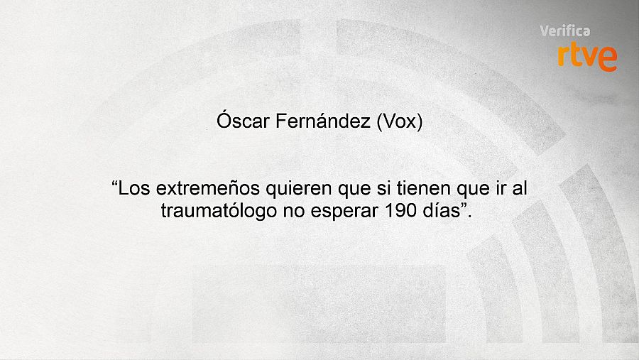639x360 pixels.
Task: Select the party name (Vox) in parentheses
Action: (x=399, y=121)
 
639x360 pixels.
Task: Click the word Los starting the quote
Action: (x=134, y=190)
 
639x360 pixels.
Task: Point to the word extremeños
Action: (x=198, y=190)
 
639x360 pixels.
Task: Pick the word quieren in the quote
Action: (x=278, y=190)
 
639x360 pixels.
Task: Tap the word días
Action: (x=437, y=211)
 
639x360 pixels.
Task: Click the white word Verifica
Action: (x=565, y=31)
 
